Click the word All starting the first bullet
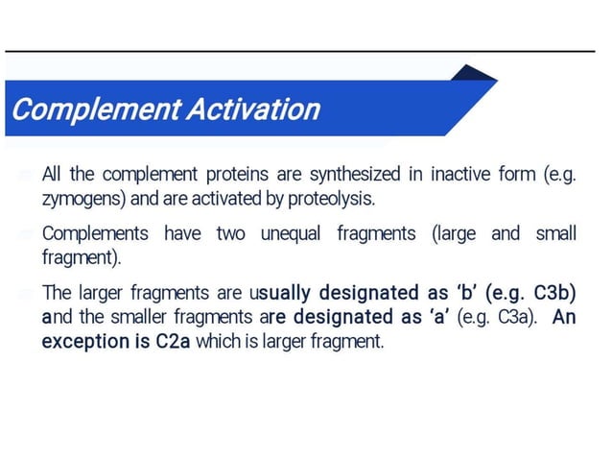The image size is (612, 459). [53, 175]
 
